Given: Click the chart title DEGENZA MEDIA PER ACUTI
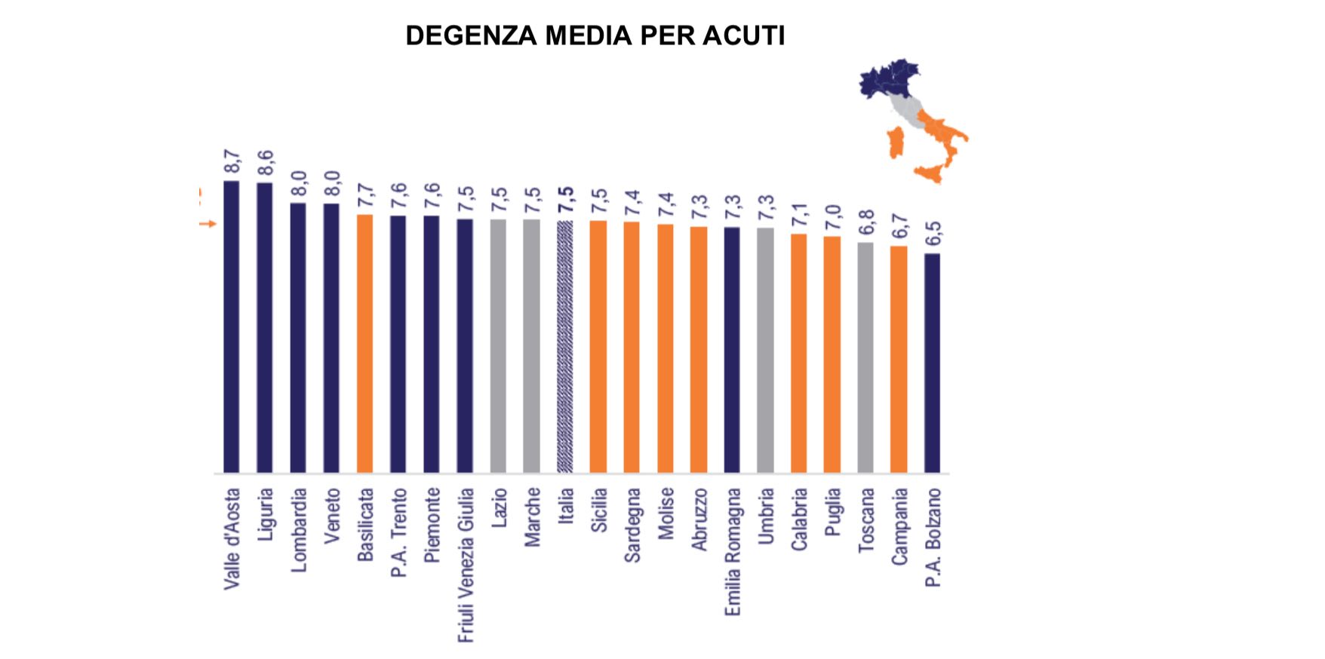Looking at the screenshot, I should [595, 35].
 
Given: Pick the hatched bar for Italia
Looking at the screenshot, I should [565, 347].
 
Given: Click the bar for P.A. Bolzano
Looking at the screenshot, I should [932, 363].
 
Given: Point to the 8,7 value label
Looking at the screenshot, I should [232, 162].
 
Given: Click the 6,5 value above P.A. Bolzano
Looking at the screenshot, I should [933, 234].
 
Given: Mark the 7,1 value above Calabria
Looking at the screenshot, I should [799, 215].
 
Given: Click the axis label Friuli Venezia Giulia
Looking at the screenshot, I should [466, 565].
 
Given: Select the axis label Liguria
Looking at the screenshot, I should [265, 514].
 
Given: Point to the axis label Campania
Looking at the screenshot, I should [899, 526].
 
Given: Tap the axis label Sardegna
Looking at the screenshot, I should [632, 525].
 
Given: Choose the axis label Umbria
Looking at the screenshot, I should [766, 516].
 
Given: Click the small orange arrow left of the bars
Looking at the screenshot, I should [208, 224].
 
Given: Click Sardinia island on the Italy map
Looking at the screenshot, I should [896, 143].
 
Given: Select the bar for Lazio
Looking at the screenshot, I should [498, 346].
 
